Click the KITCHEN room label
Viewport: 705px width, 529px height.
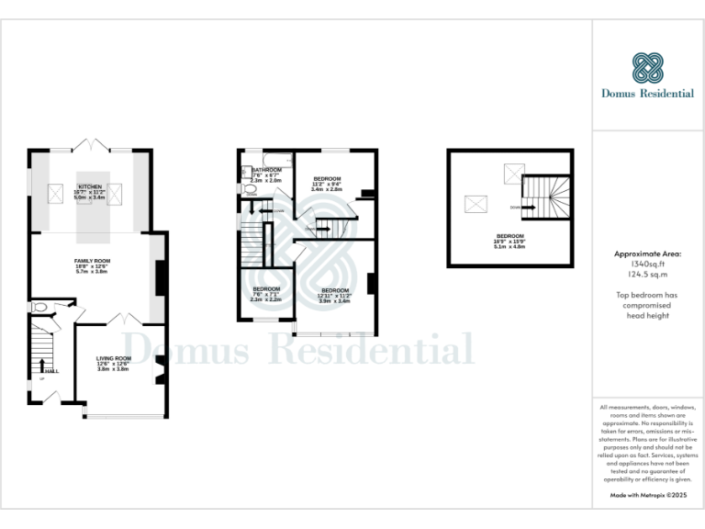coord(90,186)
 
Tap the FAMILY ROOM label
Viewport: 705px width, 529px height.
coord(91,261)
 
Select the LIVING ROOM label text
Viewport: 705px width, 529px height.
coord(114,358)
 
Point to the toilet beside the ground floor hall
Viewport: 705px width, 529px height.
coord(40,309)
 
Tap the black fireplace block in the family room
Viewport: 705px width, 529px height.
coord(160,277)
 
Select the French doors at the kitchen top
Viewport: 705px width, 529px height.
coord(90,146)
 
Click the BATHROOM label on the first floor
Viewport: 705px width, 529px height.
coord(266,170)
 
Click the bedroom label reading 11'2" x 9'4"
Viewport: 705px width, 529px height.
coord(327,178)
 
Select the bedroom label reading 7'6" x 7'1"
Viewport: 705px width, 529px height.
coord(266,289)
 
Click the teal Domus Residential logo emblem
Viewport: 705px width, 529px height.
coord(647,68)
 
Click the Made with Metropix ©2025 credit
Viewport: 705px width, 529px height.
coord(647,495)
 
